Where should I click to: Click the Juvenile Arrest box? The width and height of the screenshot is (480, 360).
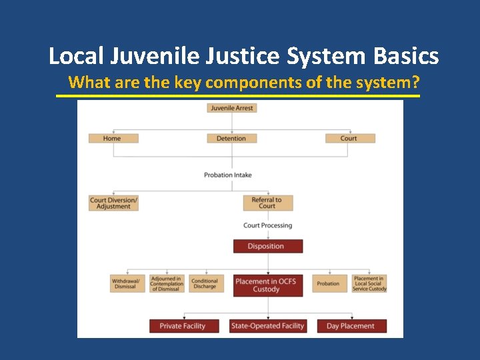click(x=232, y=108)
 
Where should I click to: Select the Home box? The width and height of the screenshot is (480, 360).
click(x=113, y=139)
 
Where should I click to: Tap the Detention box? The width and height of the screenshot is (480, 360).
click(x=231, y=139)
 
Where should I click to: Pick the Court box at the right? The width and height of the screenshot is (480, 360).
click(x=349, y=139)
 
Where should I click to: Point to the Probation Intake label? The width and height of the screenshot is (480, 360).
click(x=228, y=175)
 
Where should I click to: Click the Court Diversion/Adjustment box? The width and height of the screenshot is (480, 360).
click(x=114, y=203)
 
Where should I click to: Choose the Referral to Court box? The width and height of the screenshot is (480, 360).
click(x=267, y=203)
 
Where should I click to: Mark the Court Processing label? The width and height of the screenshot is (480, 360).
click(x=268, y=225)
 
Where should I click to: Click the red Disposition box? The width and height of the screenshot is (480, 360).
click(x=267, y=246)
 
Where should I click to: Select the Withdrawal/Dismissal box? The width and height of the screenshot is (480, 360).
click(x=127, y=283)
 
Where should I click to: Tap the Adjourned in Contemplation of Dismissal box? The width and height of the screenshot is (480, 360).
click(x=166, y=283)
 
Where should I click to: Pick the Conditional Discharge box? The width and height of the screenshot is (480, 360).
click(x=205, y=283)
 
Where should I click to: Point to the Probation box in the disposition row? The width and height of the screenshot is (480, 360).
click(x=328, y=283)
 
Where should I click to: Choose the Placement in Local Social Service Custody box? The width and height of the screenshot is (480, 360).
click(x=369, y=283)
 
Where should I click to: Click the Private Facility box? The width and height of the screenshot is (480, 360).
click(x=183, y=326)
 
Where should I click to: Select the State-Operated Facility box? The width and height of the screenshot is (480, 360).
click(x=267, y=326)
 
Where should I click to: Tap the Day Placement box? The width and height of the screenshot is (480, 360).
click(x=351, y=326)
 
